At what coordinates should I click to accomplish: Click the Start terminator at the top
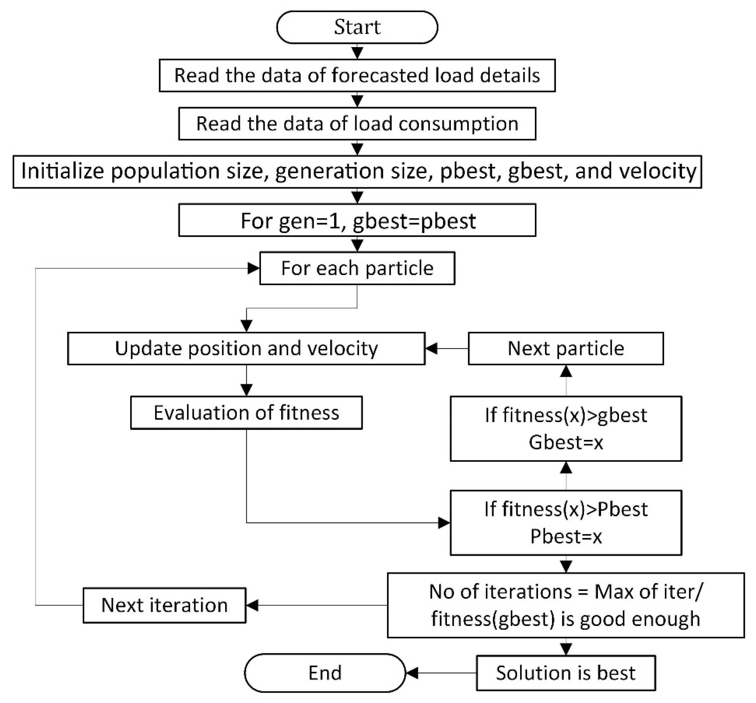357,27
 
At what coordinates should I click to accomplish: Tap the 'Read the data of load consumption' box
357,124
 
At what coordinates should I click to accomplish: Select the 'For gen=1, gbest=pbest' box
357,220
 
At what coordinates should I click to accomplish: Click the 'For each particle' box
357,268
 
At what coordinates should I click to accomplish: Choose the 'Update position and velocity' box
246,348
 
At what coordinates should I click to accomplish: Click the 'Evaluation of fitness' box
246,413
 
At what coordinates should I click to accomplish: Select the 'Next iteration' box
164,605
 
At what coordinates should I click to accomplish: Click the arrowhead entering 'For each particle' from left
253,268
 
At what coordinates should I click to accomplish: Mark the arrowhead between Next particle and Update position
431,348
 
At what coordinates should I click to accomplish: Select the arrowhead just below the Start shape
357,52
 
